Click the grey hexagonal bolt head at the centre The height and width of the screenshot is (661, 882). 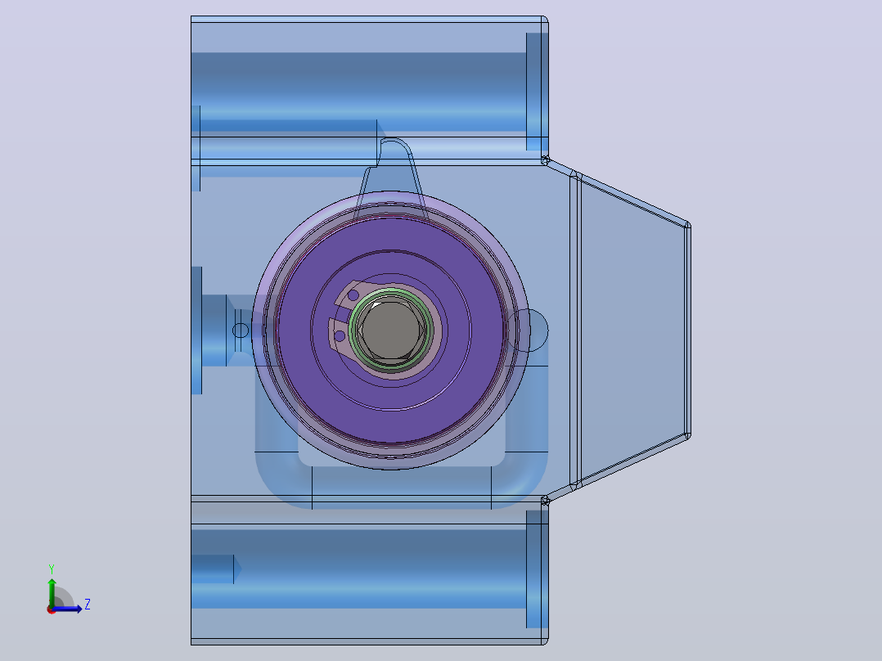coord(391,330)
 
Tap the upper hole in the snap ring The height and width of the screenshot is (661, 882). coord(353,295)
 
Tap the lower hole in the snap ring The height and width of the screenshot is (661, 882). coord(340,336)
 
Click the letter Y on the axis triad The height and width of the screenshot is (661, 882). coord(52,569)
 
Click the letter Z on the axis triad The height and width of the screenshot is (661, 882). coord(88,605)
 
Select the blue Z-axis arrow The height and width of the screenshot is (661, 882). coord(67,609)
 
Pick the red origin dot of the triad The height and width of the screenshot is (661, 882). coord(52,609)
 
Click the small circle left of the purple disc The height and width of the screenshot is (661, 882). coord(241,330)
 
